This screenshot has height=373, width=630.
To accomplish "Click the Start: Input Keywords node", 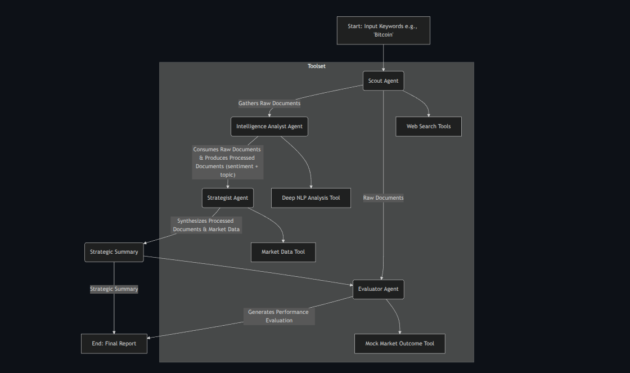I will pos(383,30).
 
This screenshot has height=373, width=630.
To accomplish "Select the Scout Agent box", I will pos(383,81).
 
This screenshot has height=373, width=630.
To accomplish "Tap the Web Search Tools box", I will pos(429,127).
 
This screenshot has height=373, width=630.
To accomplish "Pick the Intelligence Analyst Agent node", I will pos(269,127).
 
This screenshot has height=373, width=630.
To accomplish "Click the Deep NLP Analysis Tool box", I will pos(311,198).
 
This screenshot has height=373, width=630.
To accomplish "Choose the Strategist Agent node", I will pos(227,198).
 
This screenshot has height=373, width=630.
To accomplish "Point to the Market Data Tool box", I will pos(283,252).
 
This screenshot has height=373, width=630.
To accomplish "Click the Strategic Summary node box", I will pos(114,252).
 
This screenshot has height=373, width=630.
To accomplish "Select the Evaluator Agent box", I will pos(378,289).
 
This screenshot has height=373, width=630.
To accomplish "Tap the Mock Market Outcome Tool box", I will pos(399,344).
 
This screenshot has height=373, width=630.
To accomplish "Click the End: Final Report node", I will pos(114,344).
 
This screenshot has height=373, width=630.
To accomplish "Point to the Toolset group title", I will pos(316,66).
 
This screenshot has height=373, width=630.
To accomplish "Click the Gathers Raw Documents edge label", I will pos(269,104).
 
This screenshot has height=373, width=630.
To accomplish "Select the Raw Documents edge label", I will pos(383,198).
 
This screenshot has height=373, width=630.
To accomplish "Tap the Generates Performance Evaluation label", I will pos(279,316).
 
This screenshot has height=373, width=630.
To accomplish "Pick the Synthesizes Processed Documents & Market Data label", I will pos(206,225).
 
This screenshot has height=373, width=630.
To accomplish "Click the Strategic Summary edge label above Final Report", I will pos(114,289).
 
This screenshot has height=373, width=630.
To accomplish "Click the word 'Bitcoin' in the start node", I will pos(383,35).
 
